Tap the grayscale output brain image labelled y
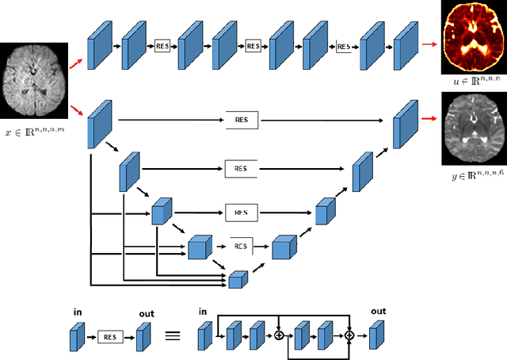click(x=473, y=127)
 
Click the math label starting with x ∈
click(x=33, y=134)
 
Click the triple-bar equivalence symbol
click(x=172, y=335)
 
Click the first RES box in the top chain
click(x=162, y=47)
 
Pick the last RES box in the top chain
click(x=344, y=47)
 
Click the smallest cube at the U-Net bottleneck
click(x=238, y=278)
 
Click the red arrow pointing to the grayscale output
click(x=430, y=119)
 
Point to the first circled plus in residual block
click(x=279, y=336)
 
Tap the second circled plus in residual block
click(x=348, y=336)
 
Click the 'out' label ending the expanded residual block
click(x=379, y=312)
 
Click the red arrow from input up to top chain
click(x=76, y=63)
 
